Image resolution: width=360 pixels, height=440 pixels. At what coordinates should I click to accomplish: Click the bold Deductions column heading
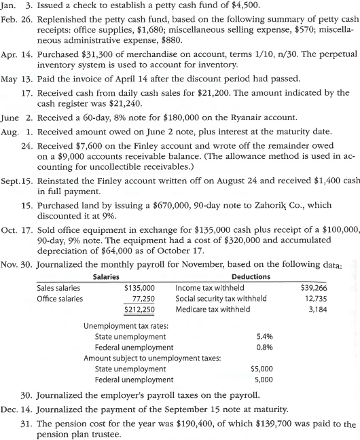point(251,276)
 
